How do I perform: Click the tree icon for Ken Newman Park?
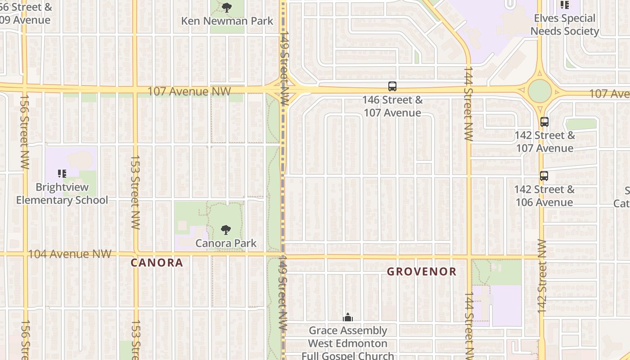(x=227, y=7)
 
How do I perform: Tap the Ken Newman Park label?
(x=227, y=21)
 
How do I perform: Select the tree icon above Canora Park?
(x=226, y=230)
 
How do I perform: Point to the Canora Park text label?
(x=226, y=243)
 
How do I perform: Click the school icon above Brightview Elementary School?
(x=62, y=173)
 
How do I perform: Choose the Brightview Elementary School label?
(x=62, y=193)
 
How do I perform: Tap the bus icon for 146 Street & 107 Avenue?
(x=392, y=86)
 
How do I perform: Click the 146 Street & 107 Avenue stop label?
(x=392, y=106)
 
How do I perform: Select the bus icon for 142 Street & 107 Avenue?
(x=544, y=121)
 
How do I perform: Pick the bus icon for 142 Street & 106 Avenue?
(x=544, y=176)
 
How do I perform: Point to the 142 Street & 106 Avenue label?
(x=544, y=196)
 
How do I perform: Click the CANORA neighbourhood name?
(x=157, y=263)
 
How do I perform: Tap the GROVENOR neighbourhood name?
(x=422, y=272)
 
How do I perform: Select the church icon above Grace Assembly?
(x=348, y=318)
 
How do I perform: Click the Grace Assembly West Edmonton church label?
(x=348, y=343)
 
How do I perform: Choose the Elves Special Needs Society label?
(x=564, y=25)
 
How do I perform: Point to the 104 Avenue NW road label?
(x=69, y=254)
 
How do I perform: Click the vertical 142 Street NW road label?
(x=542, y=276)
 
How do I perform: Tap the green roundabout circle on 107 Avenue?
(x=540, y=91)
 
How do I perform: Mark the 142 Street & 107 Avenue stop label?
(x=544, y=142)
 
